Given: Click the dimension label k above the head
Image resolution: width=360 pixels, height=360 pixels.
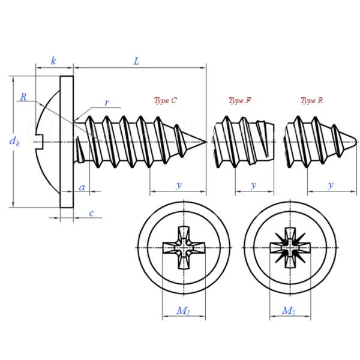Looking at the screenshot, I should (x=53, y=61).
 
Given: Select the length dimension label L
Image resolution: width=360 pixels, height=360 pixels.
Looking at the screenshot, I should (x=137, y=61).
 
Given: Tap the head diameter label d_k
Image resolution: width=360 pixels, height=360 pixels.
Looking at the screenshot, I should (x=15, y=142).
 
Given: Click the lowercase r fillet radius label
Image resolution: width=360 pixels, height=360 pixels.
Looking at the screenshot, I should (x=106, y=103).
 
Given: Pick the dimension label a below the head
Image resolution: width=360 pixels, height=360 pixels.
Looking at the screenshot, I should (x=82, y=188).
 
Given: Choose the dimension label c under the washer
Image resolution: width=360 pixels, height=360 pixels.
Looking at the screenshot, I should (x=91, y=213).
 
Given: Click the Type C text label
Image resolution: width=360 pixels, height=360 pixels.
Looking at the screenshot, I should (x=165, y=101).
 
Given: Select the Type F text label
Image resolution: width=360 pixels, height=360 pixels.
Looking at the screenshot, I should (x=239, y=101).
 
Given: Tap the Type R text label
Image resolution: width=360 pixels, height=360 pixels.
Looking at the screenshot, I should (x=311, y=101).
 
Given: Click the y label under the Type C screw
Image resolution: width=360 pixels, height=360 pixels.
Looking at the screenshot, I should (x=178, y=185).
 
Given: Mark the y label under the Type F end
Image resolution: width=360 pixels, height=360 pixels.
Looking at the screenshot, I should (x=253, y=185).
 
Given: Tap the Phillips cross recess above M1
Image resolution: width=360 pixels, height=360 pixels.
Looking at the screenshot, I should (x=183, y=248).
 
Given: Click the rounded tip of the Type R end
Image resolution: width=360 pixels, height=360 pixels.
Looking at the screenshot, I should (x=356, y=142).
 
